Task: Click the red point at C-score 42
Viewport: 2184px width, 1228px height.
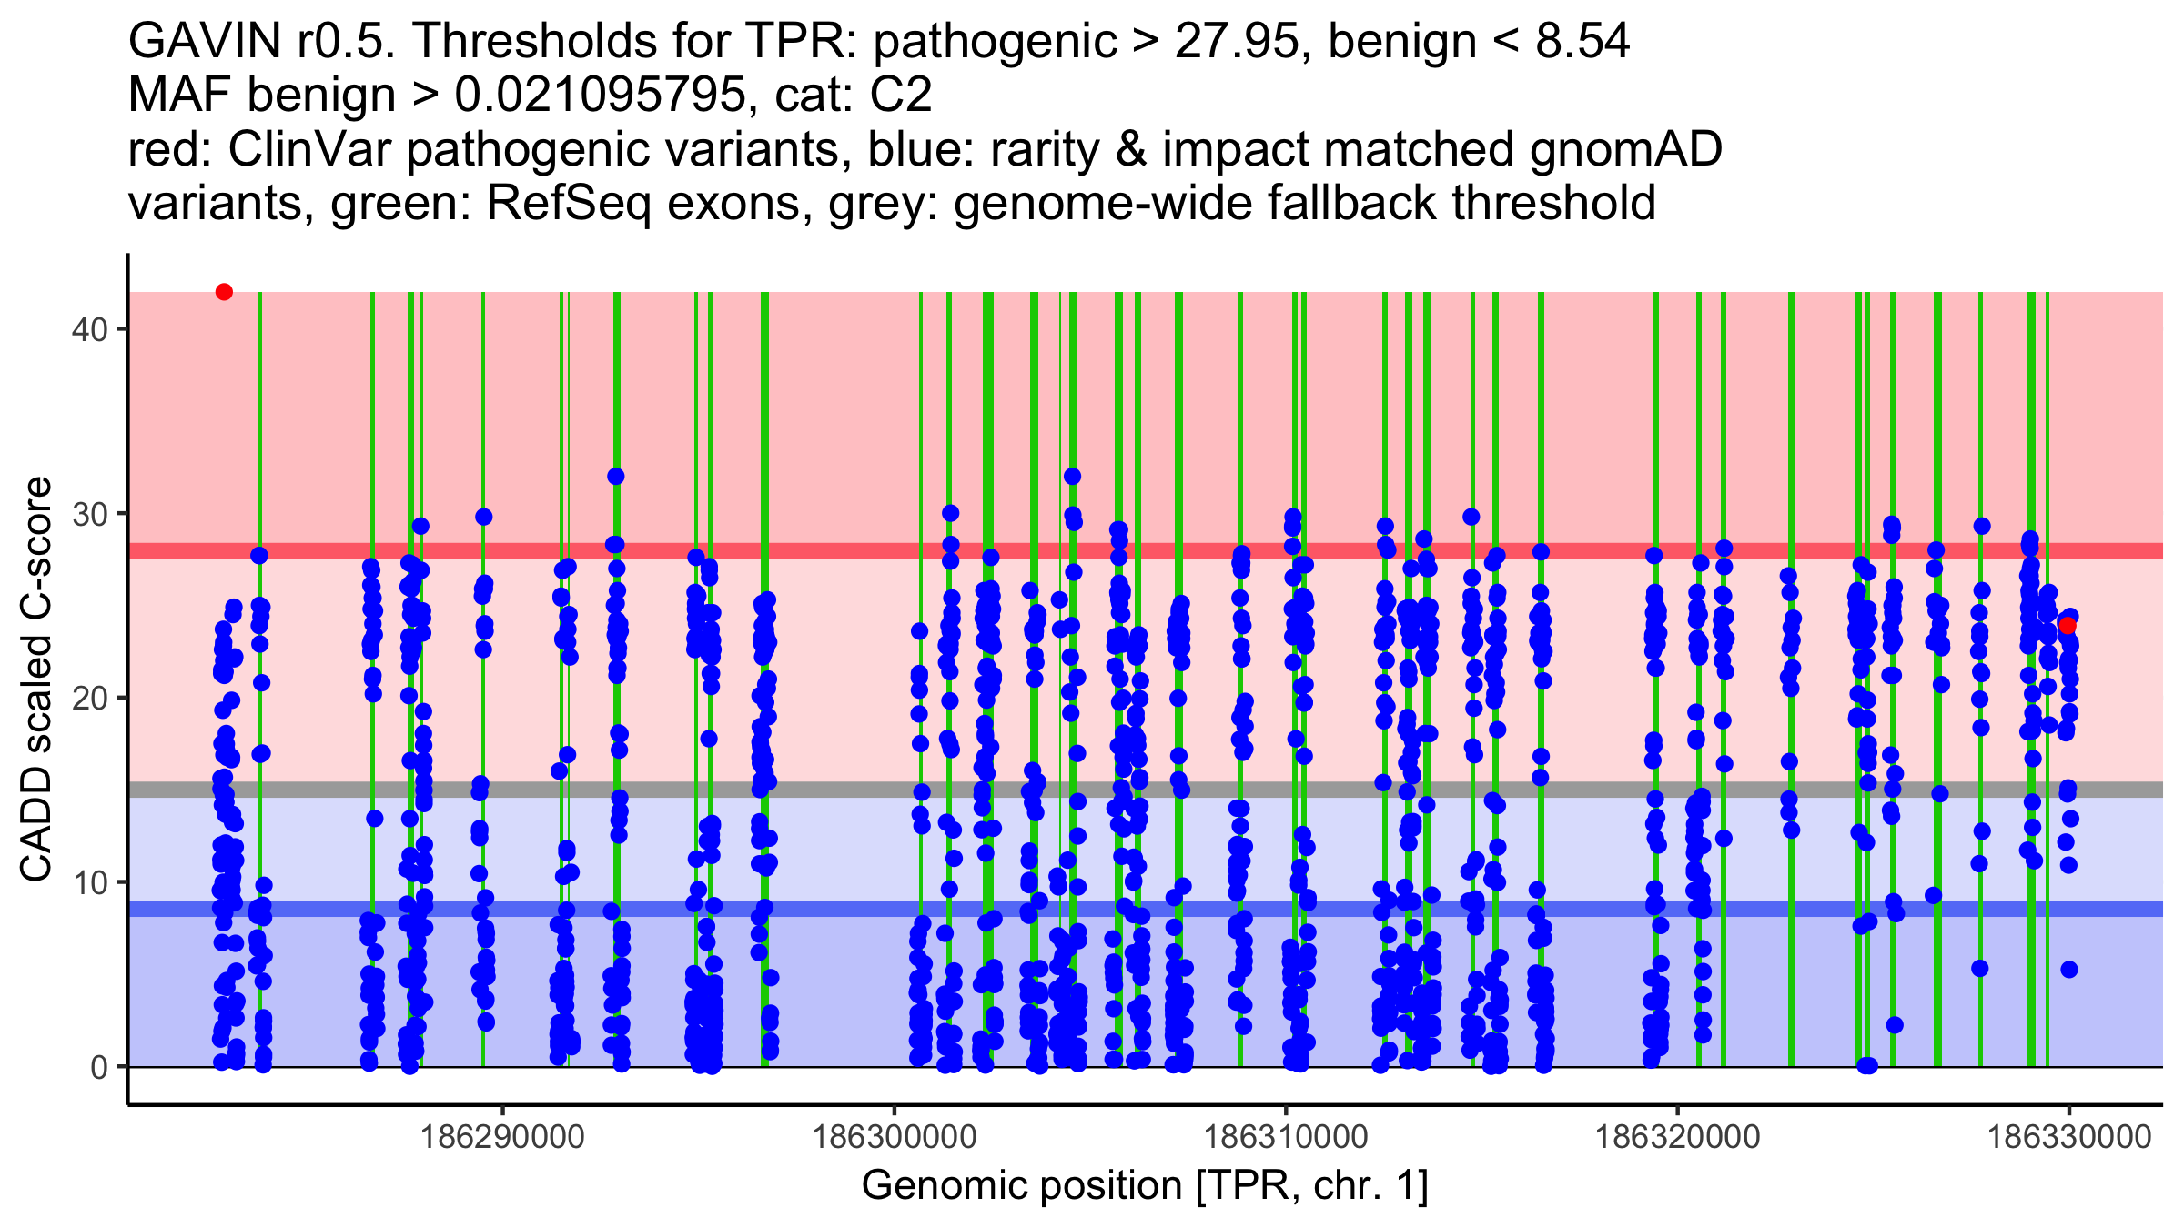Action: click(224, 292)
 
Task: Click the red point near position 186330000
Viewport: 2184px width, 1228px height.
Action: click(2068, 626)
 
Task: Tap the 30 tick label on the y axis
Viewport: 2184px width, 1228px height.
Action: click(89, 514)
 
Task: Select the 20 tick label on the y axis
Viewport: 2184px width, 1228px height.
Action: click(89, 699)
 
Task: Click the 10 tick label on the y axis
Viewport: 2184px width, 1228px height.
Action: click(89, 882)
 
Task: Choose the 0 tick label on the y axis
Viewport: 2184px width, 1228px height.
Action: click(99, 1067)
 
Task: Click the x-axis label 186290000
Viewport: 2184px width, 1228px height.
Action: click(503, 1137)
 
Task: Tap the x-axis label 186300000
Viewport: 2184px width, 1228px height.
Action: click(895, 1137)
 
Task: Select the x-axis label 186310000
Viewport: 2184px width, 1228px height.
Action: click(1286, 1137)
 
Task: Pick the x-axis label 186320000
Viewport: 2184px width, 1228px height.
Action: click(1677, 1137)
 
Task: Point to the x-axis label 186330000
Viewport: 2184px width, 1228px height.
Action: click(2068, 1137)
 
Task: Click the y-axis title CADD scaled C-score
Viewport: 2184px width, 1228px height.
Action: click(36, 679)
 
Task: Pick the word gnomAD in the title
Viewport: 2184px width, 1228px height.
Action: click(1625, 150)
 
